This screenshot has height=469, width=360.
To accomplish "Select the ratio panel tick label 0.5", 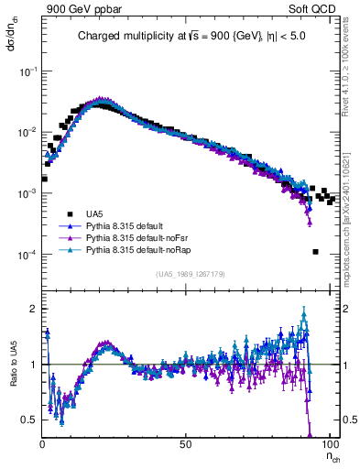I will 30,420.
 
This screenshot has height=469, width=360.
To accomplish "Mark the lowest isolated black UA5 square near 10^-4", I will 315,252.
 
